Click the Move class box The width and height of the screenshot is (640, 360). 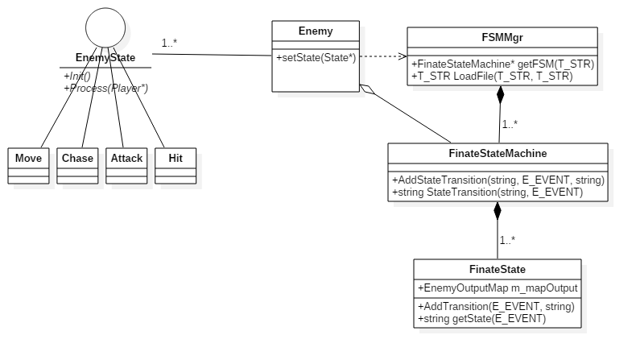28,166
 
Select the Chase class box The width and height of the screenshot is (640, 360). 77,166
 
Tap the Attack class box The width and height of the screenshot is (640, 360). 126,166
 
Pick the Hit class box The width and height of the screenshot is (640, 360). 175,166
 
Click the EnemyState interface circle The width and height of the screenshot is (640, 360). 105,27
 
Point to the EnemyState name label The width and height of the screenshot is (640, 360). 105,57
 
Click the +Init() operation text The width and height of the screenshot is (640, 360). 77,76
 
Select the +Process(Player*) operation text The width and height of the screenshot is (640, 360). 106,88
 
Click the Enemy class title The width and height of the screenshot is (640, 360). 316,31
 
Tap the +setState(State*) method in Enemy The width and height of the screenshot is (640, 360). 316,57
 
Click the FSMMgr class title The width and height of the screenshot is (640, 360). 502,38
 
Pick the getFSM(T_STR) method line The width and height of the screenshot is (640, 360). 503,64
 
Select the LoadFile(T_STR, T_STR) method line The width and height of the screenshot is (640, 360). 492,77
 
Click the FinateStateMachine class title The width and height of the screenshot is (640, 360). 498,154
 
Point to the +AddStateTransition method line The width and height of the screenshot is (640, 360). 498,180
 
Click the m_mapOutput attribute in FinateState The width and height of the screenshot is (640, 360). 498,288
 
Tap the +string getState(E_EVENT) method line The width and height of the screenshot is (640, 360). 481,318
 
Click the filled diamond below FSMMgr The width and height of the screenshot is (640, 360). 501,95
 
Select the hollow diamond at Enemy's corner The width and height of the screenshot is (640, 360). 367,89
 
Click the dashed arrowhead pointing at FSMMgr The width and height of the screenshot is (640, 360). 403,56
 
